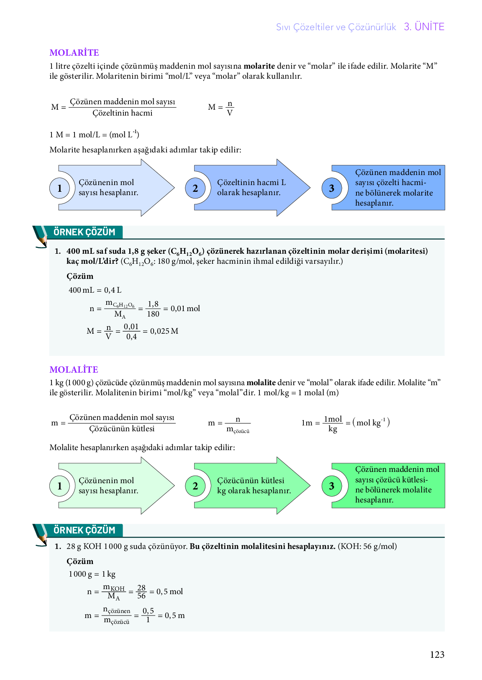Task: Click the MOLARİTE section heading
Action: [x=74, y=53]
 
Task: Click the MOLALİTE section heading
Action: [x=74, y=370]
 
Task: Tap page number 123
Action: [x=437, y=654]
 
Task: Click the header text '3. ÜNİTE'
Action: [x=424, y=27]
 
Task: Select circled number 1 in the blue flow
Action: [x=59, y=188]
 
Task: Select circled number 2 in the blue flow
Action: [x=195, y=188]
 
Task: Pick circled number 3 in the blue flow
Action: [x=331, y=188]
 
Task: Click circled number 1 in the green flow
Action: [x=59, y=486]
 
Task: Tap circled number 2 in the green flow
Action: [x=195, y=486]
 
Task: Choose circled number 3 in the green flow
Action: [x=331, y=486]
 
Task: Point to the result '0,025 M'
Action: [x=164, y=331]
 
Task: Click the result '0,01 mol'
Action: [x=185, y=309]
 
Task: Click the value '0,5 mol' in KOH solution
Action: [x=169, y=592]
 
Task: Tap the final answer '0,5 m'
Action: [x=174, y=616]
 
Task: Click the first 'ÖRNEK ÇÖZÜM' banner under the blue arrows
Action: [x=84, y=232]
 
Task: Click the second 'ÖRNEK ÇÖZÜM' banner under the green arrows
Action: [x=84, y=531]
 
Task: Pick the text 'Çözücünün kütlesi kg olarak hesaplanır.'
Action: [x=254, y=486]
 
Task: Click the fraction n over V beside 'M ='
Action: [x=229, y=108]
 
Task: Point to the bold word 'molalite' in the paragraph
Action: [x=261, y=383]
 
